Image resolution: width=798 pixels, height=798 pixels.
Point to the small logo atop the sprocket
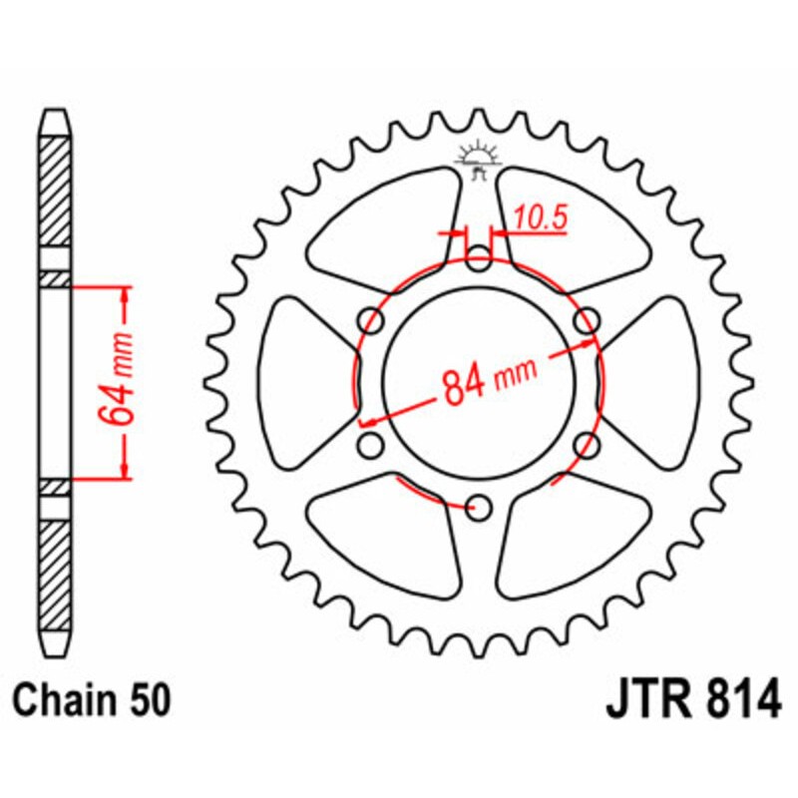click(x=478, y=159)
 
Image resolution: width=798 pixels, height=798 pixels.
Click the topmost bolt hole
click(x=480, y=262)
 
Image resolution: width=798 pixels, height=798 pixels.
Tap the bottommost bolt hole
click(x=480, y=508)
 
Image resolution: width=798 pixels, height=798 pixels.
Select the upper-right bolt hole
click(x=588, y=321)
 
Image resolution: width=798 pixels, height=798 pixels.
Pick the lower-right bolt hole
click(x=588, y=446)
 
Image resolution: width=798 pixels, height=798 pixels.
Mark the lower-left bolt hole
click(x=372, y=446)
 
